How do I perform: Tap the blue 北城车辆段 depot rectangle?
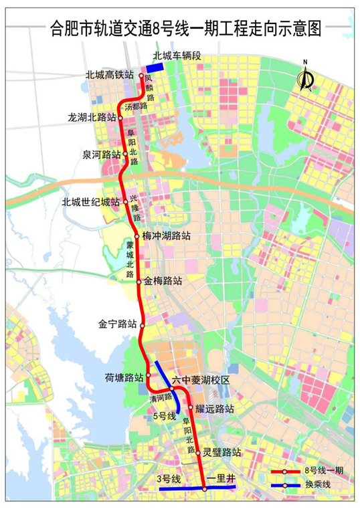pos(155,68)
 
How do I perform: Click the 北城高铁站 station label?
pos(111,76)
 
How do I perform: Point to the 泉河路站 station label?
pos(101,155)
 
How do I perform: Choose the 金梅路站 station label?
pos(163,282)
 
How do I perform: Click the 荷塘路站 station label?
pos(124,377)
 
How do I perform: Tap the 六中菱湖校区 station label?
pos(201,379)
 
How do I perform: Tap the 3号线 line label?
pos(168,478)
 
